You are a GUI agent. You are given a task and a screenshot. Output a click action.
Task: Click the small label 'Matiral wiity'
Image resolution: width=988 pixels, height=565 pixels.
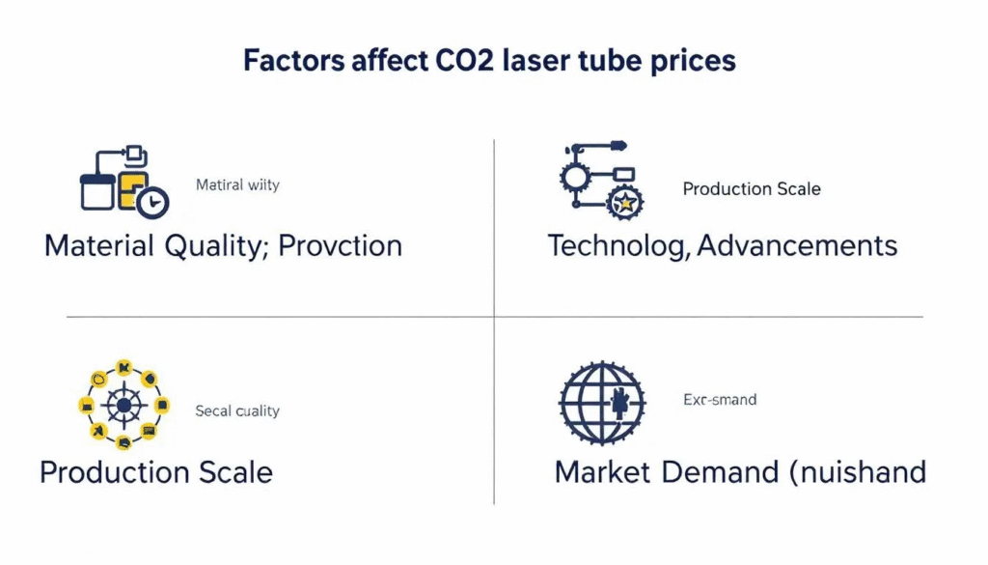coord(237,184)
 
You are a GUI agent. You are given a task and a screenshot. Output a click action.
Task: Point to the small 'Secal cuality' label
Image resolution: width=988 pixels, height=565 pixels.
coord(237,410)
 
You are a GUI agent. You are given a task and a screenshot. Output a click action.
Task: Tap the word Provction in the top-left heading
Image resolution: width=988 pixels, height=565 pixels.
coord(340,245)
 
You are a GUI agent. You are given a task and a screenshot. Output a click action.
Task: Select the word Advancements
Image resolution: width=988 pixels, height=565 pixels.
coord(797,245)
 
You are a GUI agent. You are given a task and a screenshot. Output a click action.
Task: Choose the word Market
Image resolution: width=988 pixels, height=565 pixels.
coord(603,472)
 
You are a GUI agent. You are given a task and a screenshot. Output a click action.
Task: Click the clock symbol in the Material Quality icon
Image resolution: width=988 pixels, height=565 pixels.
coord(152,203)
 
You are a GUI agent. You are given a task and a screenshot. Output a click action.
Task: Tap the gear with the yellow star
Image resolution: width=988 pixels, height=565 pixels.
coord(626,202)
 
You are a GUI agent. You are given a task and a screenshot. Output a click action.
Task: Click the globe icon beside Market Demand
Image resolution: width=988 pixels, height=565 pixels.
coord(601,404)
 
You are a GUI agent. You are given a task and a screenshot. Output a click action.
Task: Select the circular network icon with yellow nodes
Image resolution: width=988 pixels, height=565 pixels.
coord(123,405)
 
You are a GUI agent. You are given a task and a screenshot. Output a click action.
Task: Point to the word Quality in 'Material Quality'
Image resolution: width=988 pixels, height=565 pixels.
coord(214,246)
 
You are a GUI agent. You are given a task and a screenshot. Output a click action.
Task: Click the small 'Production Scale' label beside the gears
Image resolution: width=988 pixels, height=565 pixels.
coord(752,188)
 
